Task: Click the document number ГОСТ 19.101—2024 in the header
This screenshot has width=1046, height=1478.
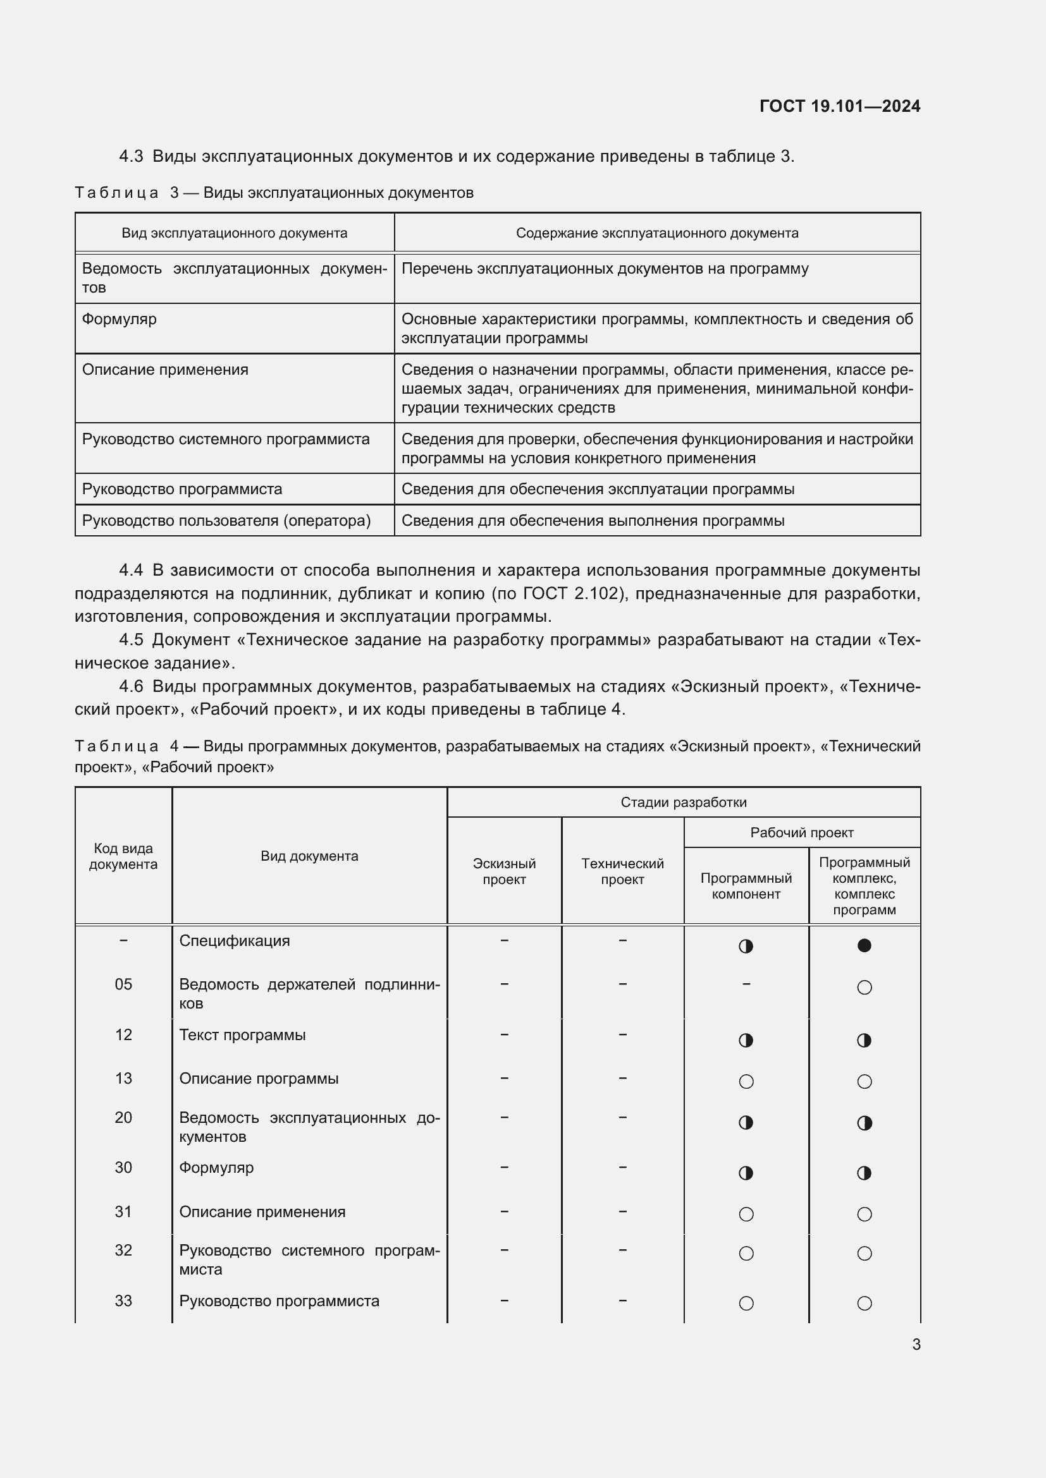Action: click(x=839, y=106)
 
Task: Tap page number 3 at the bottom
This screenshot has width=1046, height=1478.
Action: click(x=916, y=1344)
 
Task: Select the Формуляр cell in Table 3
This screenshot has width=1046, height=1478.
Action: click(x=119, y=319)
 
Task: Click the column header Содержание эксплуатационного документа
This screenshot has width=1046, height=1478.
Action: click(x=656, y=233)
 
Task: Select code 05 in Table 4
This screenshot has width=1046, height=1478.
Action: click(x=123, y=984)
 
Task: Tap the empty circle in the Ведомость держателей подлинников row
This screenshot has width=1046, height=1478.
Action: click(x=864, y=988)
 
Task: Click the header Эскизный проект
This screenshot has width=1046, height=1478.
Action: click(x=503, y=871)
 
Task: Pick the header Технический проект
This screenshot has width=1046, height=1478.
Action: click(x=622, y=871)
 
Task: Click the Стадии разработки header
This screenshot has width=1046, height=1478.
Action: click(x=683, y=802)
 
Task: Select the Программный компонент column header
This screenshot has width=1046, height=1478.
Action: click(x=745, y=886)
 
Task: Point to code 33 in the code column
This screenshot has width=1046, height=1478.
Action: click(x=123, y=1301)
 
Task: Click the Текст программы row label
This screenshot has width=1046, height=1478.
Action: click(x=242, y=1035)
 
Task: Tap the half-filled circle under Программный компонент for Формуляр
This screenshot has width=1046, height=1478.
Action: click(x=745, y=1173)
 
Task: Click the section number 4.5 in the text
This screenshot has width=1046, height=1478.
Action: click(x=131, y=640)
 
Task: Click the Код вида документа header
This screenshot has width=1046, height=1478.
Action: click(x=123, y=856)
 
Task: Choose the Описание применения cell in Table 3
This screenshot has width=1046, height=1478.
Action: click(x=165, y=370)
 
